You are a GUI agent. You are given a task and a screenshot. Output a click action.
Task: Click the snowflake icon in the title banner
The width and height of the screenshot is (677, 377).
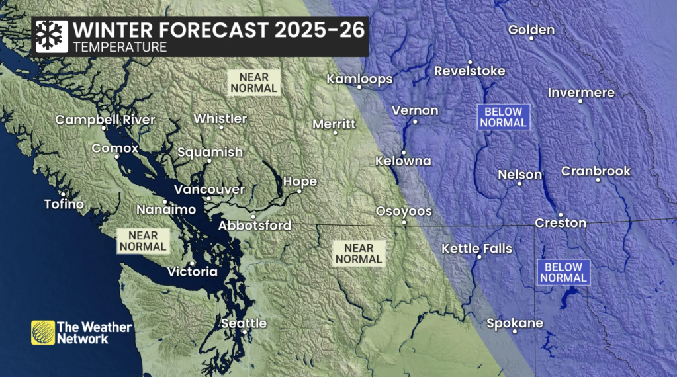click(x=51, y=36)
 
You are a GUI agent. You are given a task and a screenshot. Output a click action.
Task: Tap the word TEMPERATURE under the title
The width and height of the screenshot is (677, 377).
click(x=120, y=48)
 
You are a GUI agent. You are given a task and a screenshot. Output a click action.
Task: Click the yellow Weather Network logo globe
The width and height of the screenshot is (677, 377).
click(x=43, y=333)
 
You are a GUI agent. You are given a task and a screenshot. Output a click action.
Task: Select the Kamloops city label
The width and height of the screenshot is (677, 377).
click(x=360, y=79)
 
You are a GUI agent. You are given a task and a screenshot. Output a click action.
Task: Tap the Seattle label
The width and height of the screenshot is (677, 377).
click(x=244, y=323)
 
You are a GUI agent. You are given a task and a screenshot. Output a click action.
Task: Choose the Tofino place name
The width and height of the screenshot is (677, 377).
click(x=64, y=204)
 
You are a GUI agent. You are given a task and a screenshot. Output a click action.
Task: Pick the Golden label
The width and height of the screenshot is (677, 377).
click(x=531, y=30)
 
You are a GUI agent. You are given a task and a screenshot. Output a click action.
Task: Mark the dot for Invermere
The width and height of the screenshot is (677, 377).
click(x=580, y=101)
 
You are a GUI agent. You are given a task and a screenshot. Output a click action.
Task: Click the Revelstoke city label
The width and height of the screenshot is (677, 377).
click(x=469, y=71)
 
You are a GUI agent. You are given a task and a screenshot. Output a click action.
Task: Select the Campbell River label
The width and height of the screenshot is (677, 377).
click(x=105, y=120)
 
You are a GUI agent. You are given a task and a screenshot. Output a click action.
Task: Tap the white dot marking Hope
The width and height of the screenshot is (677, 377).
click(x=300, y=192)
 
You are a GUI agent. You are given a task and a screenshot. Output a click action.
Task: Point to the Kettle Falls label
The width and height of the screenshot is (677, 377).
click(x=476, y=249)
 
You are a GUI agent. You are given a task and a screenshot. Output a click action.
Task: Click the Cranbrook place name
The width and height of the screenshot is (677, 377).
click(x=596, y=171)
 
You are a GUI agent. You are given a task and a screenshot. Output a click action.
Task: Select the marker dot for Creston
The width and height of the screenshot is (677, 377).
click(x=560, y=214)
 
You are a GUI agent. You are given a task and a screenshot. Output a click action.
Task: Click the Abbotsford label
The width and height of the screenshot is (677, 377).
click(x=255, y=226)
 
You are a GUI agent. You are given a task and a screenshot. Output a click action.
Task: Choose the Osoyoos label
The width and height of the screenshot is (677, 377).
click(x=404, y=212)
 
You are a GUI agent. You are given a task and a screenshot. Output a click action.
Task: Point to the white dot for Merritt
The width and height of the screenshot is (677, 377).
click(x=336, y=133)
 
